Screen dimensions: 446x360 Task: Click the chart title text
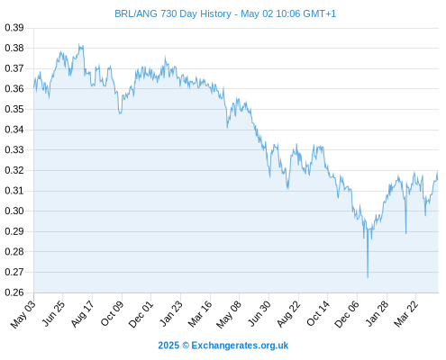(225, 13)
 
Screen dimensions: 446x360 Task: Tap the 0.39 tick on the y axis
(14, 28)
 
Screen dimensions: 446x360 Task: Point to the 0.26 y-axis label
(14, 292)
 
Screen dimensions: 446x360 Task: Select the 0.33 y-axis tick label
(14, 149)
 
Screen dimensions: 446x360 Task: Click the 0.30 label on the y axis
(14, 211)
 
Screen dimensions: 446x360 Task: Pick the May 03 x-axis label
(23, 314)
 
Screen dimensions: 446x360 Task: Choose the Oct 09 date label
(112, 314)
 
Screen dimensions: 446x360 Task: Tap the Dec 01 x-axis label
(141, 314)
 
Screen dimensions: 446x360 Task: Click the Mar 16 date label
(200, 314)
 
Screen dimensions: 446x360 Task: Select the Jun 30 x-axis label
(259, 314)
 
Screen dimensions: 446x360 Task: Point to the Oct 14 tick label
(318, 314)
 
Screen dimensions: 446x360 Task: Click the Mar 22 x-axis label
(405, 314)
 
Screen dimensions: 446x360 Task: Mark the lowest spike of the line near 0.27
(368, 277)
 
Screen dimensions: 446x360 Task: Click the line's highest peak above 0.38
(79, 44)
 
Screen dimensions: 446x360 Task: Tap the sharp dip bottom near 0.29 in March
(405, 233)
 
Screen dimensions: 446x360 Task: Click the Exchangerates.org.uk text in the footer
(240, 346)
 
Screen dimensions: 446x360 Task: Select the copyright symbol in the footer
(186, 346)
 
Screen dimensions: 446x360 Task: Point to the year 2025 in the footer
(168, 346)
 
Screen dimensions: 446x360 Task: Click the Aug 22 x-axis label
(288, 314)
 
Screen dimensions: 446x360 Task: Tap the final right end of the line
(438, 179)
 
